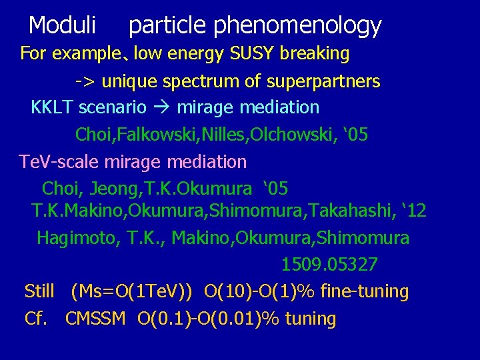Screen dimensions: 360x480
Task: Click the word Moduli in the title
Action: click(63, 26)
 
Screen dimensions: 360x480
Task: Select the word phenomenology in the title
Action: click(297, 26)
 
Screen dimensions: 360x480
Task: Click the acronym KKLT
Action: click(53, 107)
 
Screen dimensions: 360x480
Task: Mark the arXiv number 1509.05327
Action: click(329, 265)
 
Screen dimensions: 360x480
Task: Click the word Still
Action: click(39, 291)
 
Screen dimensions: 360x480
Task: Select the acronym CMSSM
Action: click(95, 319)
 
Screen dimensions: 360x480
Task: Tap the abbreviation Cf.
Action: click(36, 319)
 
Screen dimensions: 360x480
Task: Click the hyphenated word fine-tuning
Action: click(365, 291)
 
